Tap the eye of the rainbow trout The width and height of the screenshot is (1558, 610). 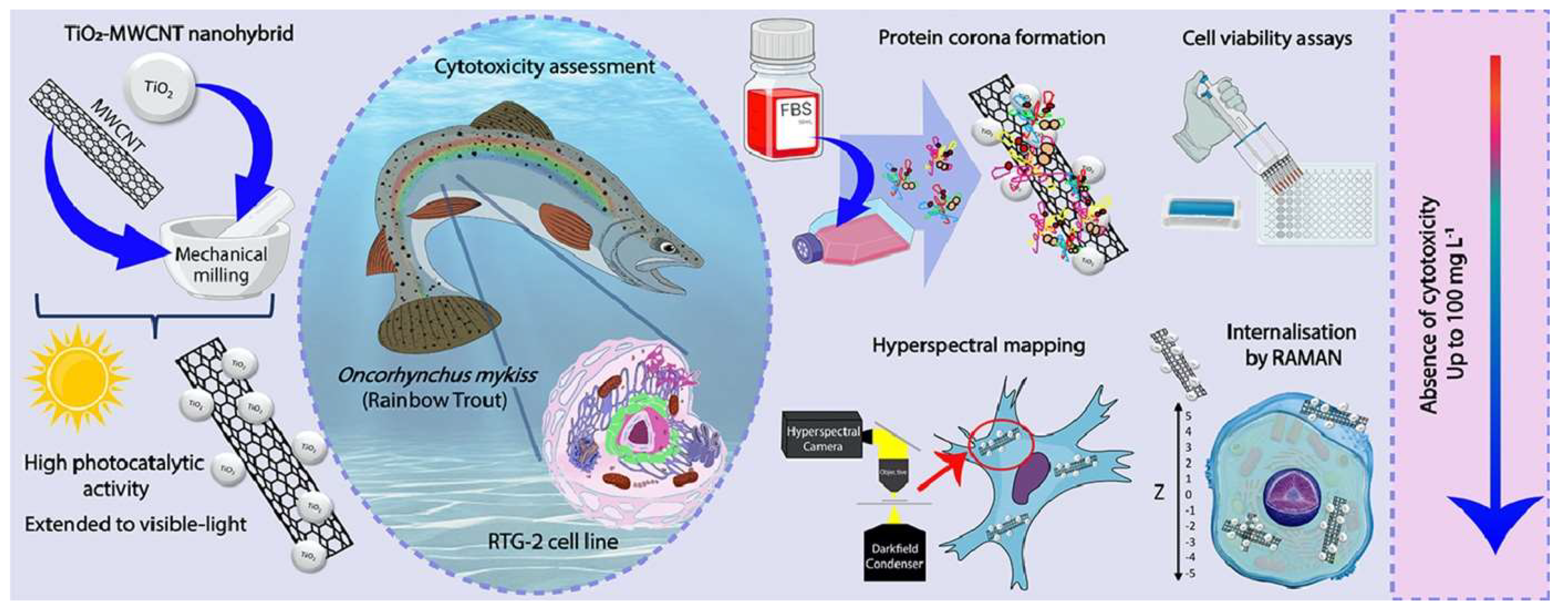pos(667,247)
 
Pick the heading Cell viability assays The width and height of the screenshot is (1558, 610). pos(1267,39)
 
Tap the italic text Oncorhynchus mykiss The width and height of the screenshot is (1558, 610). pos(437,376)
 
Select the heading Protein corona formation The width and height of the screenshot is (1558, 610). pos(991,38)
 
